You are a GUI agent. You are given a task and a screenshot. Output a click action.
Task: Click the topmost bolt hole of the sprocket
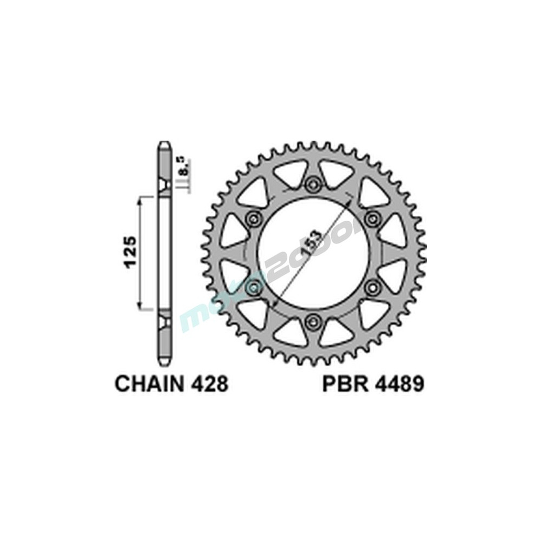(312, 184)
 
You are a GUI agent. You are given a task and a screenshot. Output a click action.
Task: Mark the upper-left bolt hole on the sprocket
(252, 219)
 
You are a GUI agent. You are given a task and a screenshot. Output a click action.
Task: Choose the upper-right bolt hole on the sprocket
(372, 219)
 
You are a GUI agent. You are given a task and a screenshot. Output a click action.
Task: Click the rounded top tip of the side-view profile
(164, 144)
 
